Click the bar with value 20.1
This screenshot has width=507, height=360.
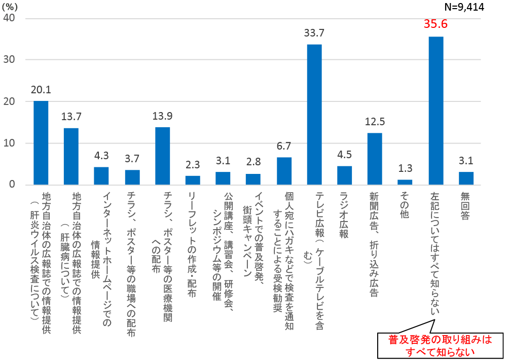[x=41, y=143]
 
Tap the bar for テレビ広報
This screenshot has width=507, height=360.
[x=314, y=115]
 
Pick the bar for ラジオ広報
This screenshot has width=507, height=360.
[x=345, y=175]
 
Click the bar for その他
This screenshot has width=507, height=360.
[x=405, y=182]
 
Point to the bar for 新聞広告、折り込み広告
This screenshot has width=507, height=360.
[x=375, y=159]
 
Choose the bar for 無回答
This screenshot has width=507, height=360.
[x=466, y=178]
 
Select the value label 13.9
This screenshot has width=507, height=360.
[x=162, y=116]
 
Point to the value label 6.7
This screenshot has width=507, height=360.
[x=284, y=146]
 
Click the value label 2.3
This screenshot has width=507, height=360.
[x=193, y=164]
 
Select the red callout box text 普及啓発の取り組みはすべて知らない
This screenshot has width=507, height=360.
[x=440, y=345]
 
